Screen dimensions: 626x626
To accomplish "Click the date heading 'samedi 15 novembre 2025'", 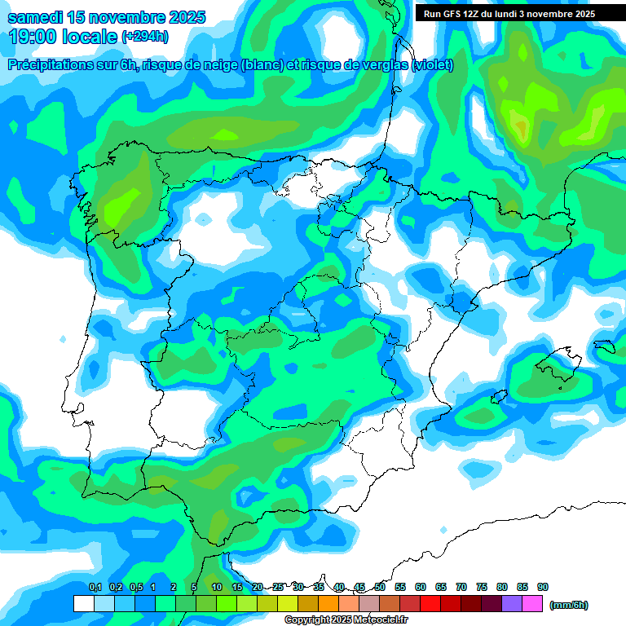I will point(106,17).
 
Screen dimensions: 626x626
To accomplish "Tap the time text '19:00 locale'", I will point(64,36).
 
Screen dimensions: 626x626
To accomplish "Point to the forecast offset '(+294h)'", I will point(145,36).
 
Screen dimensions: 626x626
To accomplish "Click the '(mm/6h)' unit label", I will point(569,605).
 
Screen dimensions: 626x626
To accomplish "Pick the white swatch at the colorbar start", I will point(83,604).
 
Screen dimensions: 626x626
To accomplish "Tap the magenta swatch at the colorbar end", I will point(532,604).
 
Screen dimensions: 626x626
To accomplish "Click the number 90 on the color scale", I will point(543,588).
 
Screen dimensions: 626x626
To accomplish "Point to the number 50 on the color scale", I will point(380,588).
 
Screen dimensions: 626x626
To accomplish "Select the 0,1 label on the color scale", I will point(95,588).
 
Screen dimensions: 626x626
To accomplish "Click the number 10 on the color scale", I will point(217,588).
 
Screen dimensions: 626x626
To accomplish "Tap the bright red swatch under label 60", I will point(430,604).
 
